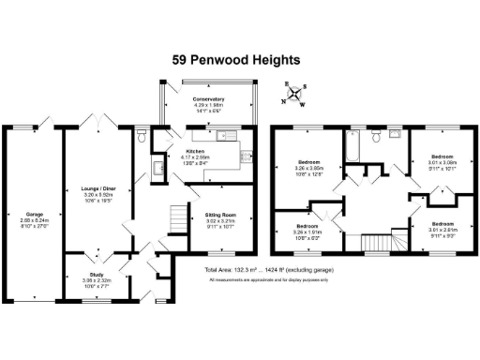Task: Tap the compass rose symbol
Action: [296, 92]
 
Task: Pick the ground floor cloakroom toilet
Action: [141, 138]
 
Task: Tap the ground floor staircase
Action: [175, 221]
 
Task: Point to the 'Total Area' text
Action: [265, 270]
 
